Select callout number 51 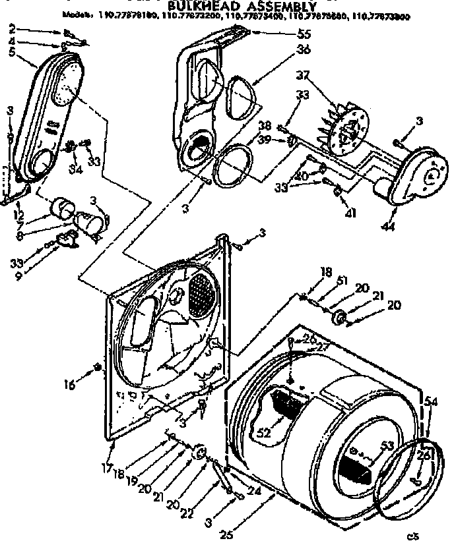click(341, 280)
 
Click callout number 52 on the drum click(265, 432)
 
